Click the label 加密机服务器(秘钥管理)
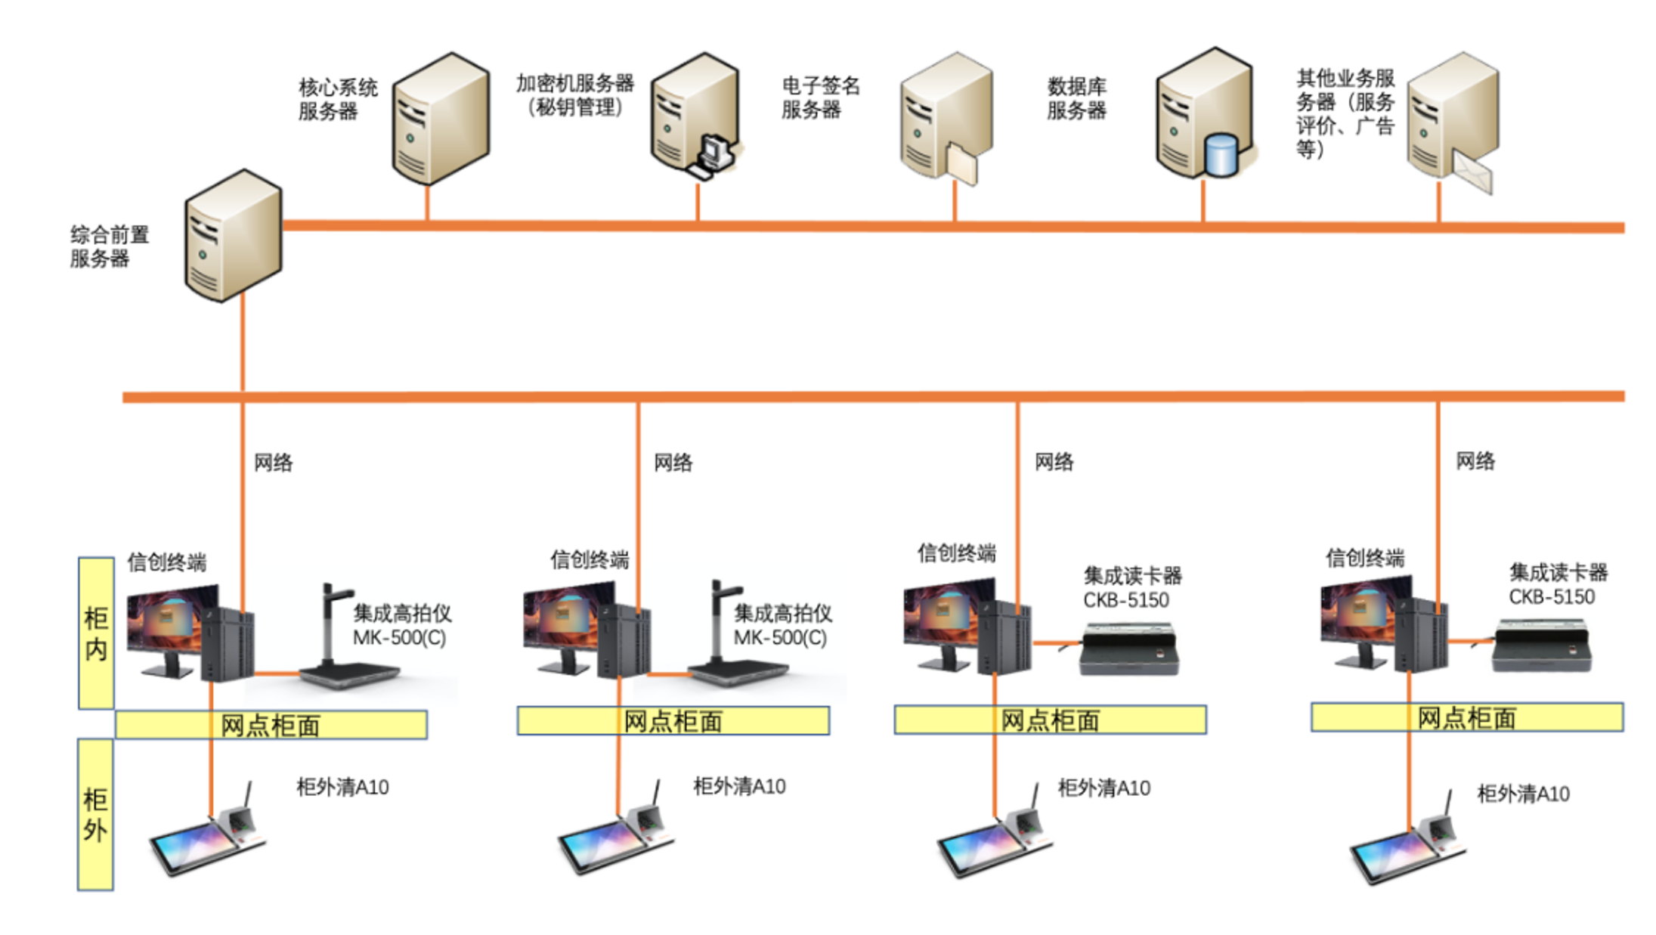(x=574, y=95)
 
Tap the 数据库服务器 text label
(x=1076, y=98)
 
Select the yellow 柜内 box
(x=96, y=633)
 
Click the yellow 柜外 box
(x=95, y=814)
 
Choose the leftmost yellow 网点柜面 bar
(x=271, y=725)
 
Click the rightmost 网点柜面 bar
(x=1466, y=717)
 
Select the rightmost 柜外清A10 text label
(x=1523, y=794)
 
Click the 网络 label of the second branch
(x=673, y=462)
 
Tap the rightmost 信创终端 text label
(x=1364, y=558)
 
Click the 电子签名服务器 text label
(x=819, y=98)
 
